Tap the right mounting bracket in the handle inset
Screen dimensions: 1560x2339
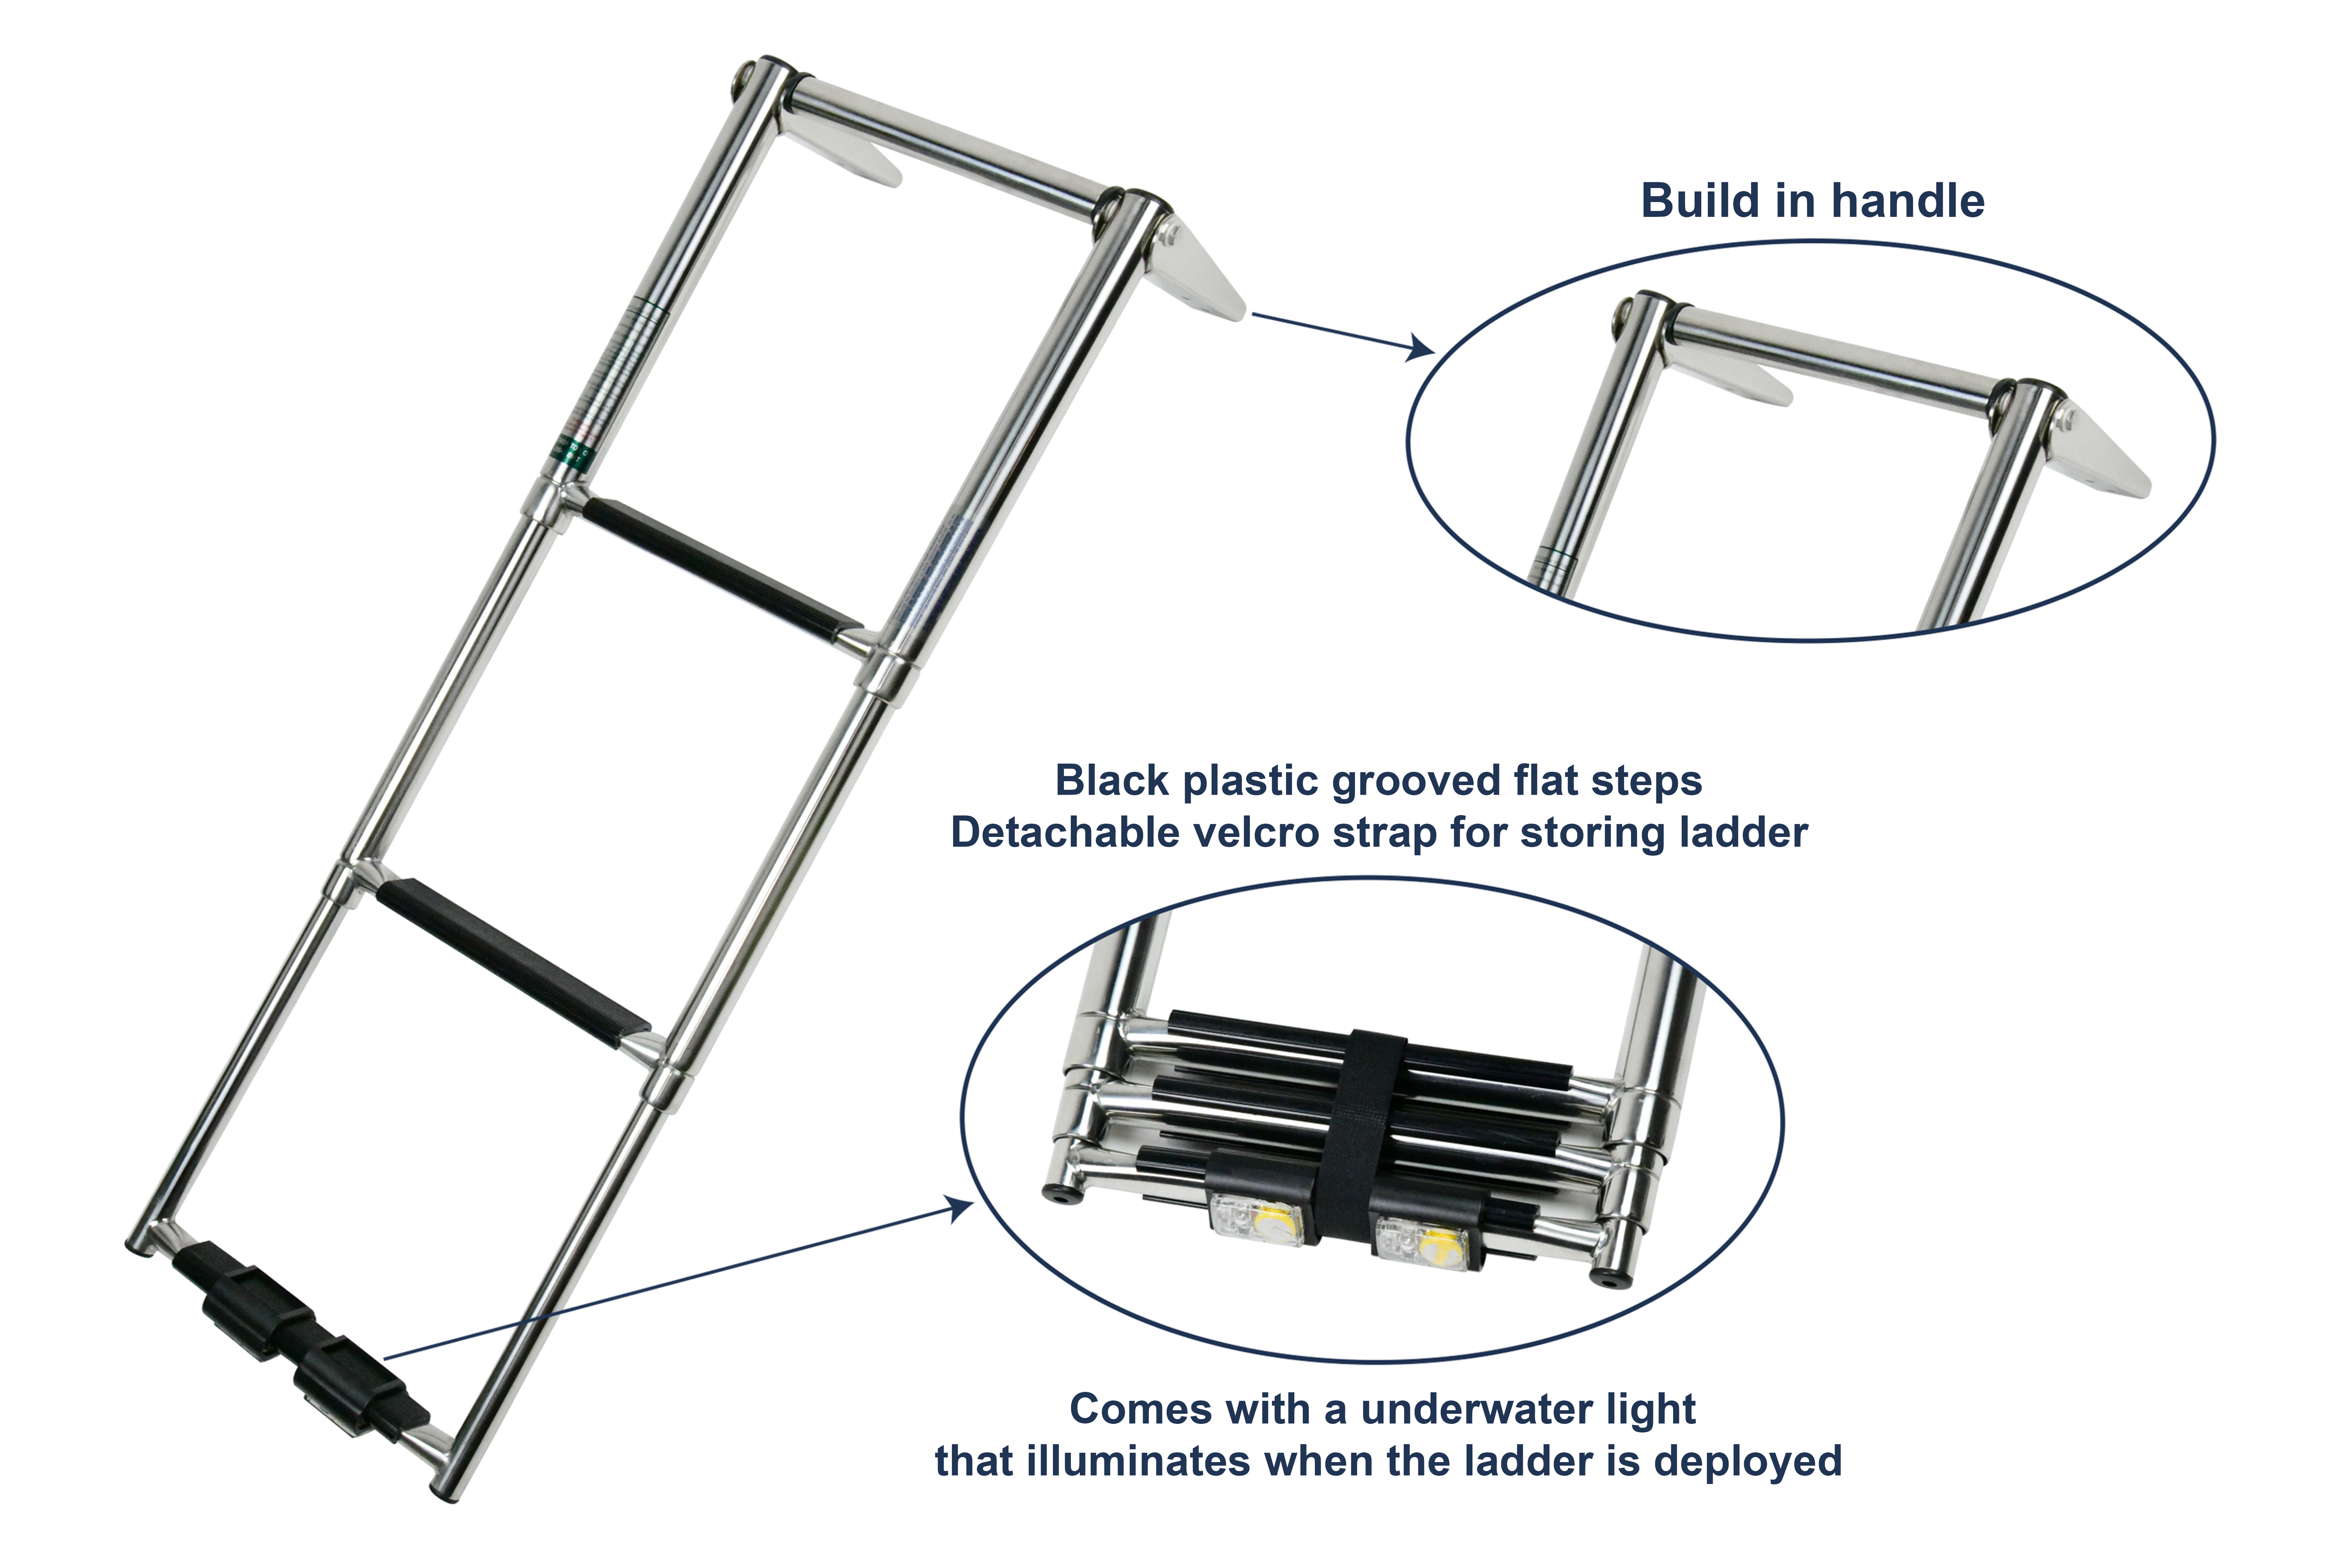(x=2108, y=453)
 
